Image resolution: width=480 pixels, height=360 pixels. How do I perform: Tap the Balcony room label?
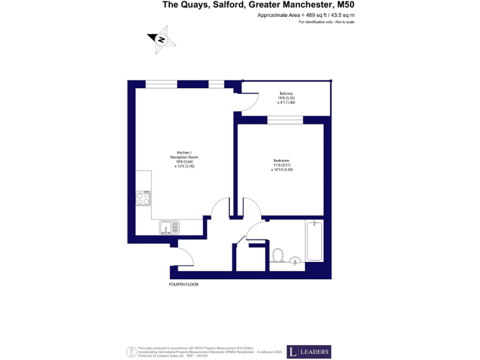point(286,94)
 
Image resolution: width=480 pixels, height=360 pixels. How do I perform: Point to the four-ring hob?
point(142,198)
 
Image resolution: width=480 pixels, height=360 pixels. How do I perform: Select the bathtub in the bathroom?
point(314,242)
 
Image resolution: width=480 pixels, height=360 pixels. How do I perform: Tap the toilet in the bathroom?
point(279,255)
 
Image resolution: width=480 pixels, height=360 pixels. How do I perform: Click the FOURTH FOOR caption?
point(184,285)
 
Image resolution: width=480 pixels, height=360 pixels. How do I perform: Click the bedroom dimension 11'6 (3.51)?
point(281,165)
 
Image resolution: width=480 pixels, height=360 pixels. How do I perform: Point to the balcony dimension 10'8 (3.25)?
point(286,98)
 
